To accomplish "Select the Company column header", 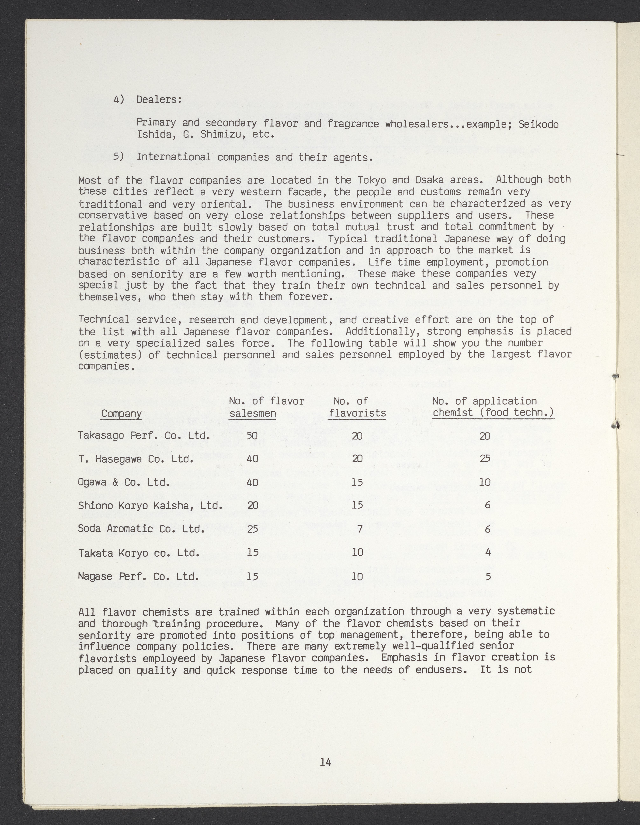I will pyautogui.click(x=121, y=414).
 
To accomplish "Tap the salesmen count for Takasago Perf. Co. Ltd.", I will pyautogui.click(x=252, y=436).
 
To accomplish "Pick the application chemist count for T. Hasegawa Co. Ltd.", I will pyautogui.click(x=485, y=459).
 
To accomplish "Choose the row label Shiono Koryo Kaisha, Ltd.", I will pyautogui.click(x=150, y=506).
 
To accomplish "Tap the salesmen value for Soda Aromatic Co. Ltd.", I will pyautogui.click(x=252, y=529).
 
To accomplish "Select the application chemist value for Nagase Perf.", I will pyautogui.click(x=488, y=576).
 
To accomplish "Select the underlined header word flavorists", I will pyautogui.click(x=357, y=413).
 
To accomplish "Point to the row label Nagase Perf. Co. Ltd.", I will pyautogui.click(x=138, y=576).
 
